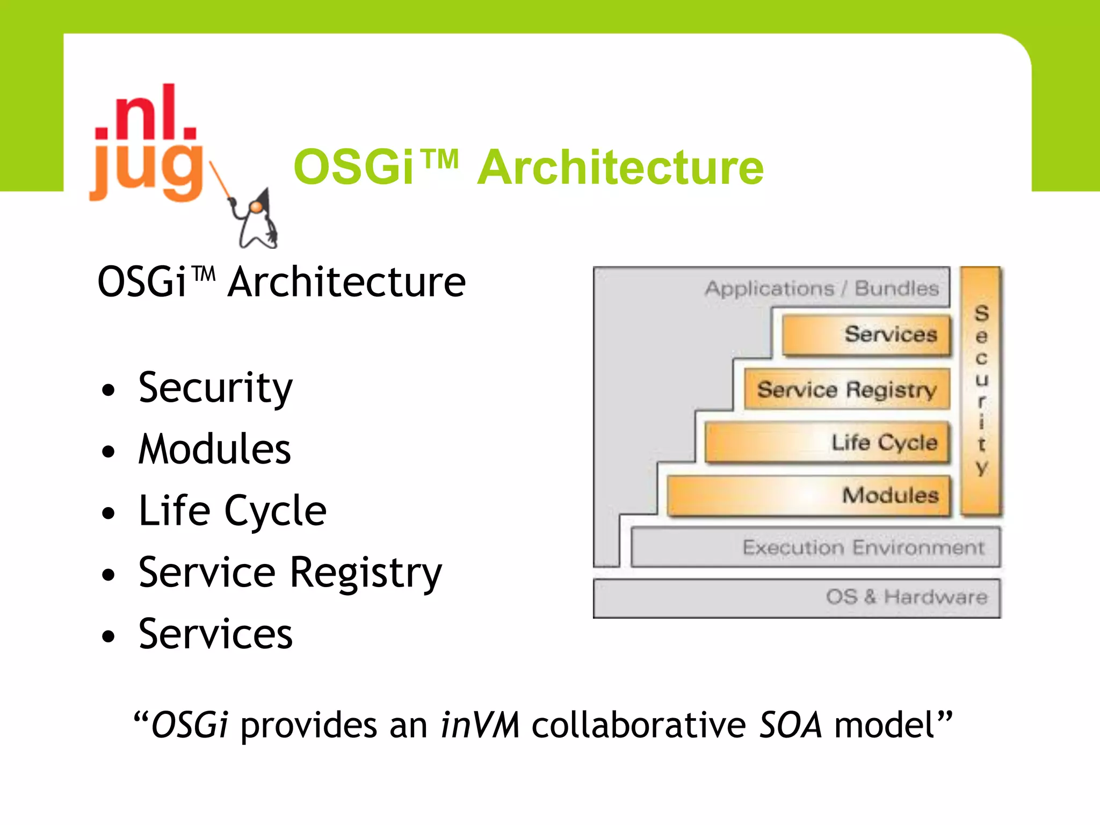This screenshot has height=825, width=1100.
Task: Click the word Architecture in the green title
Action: tap(620, 168)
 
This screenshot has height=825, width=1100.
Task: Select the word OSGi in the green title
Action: tap(354, 168)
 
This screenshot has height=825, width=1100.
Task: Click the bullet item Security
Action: tap(215, 388)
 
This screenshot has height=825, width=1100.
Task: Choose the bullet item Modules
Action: tap(214, 449)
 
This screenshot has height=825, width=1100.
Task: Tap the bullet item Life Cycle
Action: tap(232, 511)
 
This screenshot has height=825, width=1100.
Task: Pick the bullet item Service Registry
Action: tap(290, 573)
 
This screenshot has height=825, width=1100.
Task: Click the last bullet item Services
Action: tap(215, 634)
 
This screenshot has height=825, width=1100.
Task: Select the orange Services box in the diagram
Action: tap(866, 335)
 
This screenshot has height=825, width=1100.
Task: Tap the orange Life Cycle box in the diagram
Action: tap(827, 443)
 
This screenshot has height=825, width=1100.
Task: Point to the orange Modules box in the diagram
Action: tap(808, 495)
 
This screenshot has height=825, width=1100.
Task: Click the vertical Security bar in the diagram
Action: tap(981, 390)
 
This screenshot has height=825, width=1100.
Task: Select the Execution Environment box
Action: tap(815, 547)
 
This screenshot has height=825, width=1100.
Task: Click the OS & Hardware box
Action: tap(797, 598)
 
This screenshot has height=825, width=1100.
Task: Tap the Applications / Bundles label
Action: tap(821, 288)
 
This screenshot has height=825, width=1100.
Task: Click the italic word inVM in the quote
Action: tap(479, 726)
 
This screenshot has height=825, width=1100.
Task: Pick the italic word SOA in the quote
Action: tap(790, 726)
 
